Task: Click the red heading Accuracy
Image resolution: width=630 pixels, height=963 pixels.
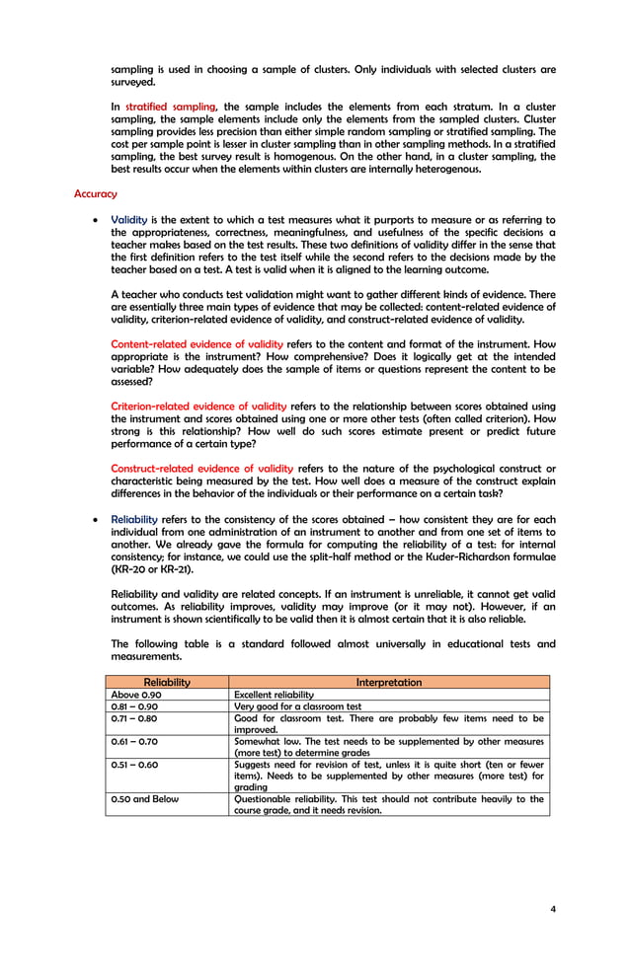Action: tap(95, 194)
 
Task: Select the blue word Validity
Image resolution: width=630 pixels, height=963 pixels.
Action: tap(128, 220)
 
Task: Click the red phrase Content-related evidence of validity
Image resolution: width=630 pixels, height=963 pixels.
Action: tap(197, 344)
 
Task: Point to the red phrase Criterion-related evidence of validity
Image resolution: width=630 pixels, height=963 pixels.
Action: tap(198, 407)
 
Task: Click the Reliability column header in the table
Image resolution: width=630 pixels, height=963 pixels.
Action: tap(167, 682)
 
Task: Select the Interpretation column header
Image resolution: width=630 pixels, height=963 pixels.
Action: tap(388, 682)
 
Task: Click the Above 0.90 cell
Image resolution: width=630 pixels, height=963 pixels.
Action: tap(136, 695)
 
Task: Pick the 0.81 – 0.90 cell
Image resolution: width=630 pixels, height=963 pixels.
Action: tap(133, 706)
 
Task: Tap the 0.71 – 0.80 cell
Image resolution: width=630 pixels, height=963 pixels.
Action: tap(133, 718)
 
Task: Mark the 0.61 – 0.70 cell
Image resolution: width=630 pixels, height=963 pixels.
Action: tap(133, 740)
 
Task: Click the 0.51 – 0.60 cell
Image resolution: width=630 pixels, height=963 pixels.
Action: tap(133, 765)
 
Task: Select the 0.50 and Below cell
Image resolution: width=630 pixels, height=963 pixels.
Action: tap(145, 799)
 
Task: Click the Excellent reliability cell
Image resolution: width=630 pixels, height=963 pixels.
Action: tap(274, 695)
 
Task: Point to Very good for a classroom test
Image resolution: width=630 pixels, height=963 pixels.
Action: tap(297, 706)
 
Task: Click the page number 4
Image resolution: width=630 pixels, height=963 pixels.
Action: tap(552, 908)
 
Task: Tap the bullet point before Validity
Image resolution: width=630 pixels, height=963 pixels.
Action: tap(93, 221)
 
